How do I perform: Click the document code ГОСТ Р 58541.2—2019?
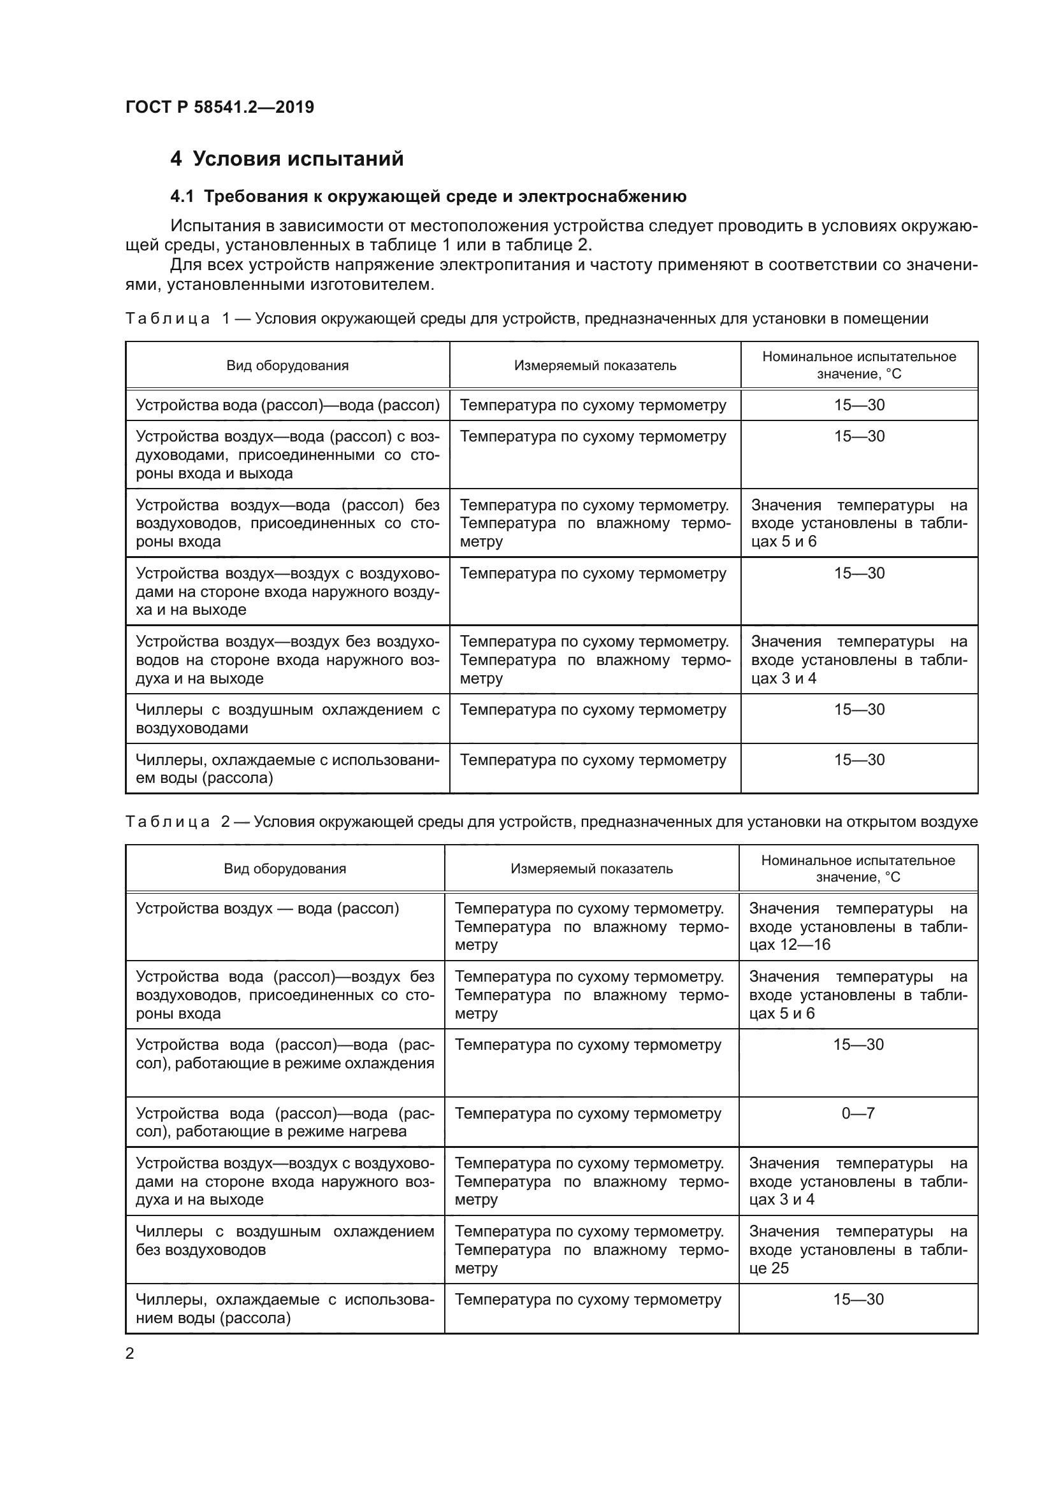(219, 107)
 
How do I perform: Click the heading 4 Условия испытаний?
(287, 159)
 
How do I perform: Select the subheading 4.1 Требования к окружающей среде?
(428, 196)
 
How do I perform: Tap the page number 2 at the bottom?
(130, 1353)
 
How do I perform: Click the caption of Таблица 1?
(526, 319)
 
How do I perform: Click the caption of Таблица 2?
(551, 822)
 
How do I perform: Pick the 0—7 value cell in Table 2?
(858, 1114)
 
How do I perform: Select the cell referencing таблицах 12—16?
(858, 927)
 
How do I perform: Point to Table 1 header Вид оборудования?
(287, 366)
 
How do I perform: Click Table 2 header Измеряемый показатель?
(591, 869)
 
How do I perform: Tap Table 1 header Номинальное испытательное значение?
(858, 366)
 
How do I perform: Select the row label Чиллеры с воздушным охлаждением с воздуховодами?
(287, 719)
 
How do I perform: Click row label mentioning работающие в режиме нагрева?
(285, 1122)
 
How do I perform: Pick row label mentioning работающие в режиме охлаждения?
(285, 1054)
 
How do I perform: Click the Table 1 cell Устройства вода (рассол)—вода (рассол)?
(287, 406)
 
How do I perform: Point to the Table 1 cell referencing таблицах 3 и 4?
(858, 660)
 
